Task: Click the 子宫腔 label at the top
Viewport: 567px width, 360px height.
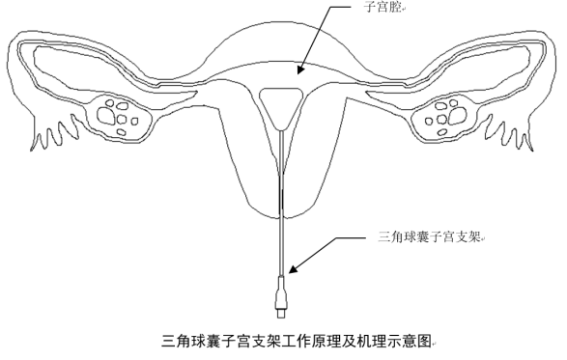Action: (x=382, y=9)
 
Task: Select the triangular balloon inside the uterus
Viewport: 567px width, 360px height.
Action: (x=281, y=103)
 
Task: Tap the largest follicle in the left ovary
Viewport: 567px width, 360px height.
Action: (x=123, y=118)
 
